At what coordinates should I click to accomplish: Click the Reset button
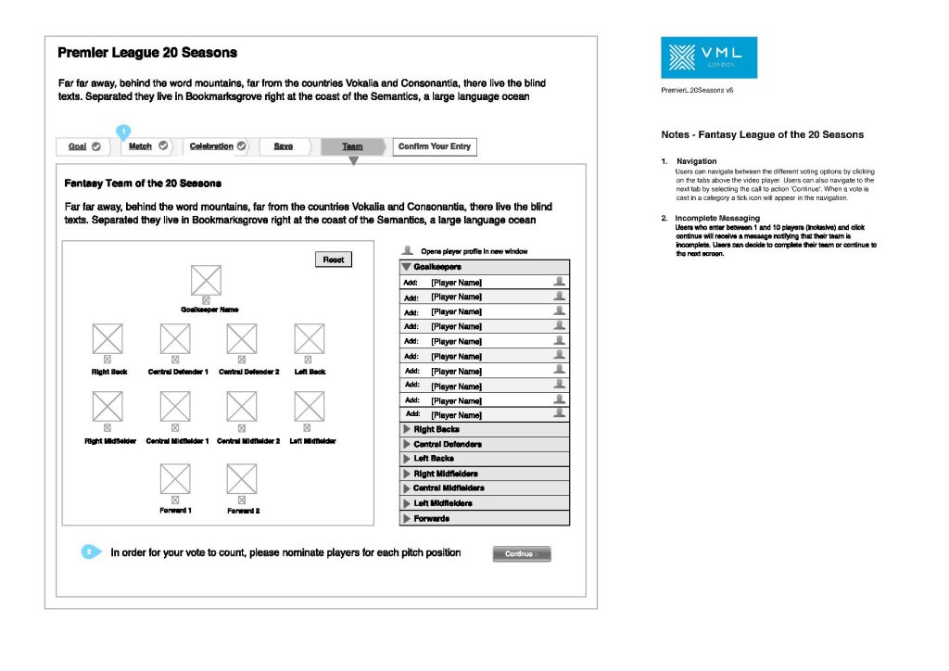334,260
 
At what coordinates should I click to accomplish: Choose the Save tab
284,146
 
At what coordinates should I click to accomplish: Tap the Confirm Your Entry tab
435,146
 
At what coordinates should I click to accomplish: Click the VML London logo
709,57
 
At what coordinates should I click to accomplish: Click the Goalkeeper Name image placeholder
206,280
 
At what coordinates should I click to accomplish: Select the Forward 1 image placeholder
175,478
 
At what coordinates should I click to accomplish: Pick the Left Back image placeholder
309,338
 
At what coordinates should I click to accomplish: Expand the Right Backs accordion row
484,430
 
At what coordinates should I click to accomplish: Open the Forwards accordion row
484,519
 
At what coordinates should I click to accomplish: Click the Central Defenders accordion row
484,445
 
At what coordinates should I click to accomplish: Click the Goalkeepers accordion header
484,267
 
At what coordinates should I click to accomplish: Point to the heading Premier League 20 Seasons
147,53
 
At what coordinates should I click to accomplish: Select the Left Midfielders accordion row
484,503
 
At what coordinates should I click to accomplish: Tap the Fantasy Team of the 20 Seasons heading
143,184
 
